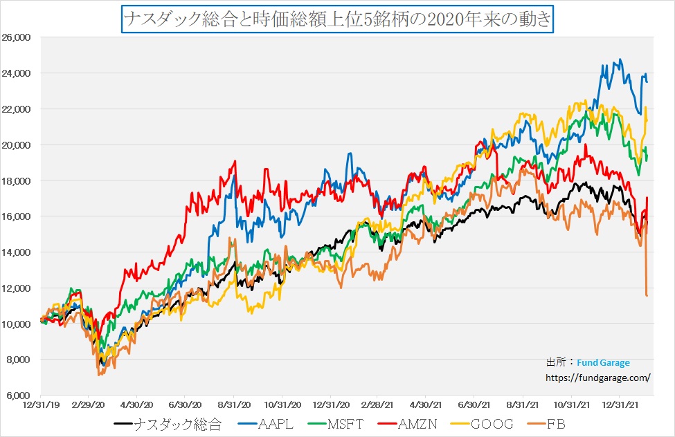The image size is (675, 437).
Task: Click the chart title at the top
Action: (x=338, y=19)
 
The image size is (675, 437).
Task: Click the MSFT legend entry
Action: (x=348, y=424)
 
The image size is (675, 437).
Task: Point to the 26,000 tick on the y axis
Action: (x=22, y=37)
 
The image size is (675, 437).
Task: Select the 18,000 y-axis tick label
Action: (x=22, y=180)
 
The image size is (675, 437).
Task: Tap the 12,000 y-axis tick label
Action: (x=22, y=288)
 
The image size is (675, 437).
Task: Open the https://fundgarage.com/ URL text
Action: (x=598, y=378)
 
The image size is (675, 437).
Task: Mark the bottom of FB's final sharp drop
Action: (x=647, y=296)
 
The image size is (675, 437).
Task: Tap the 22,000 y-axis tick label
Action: (x=22, y=109)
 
